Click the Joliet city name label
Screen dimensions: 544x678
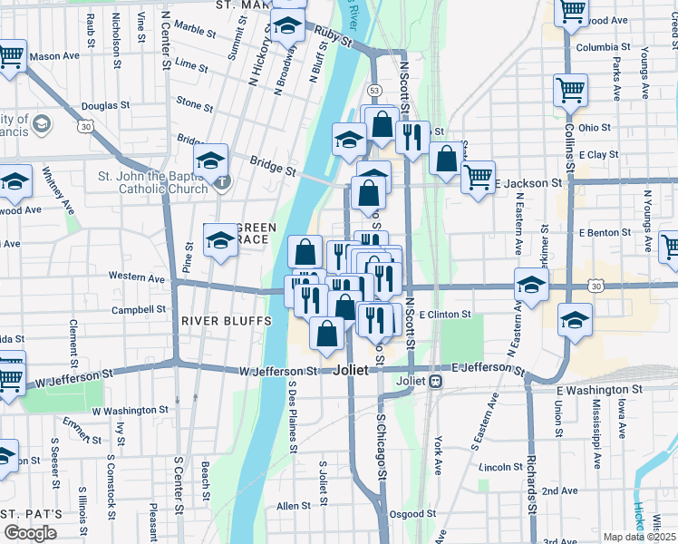[351, 371]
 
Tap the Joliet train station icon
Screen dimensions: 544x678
[435, 382]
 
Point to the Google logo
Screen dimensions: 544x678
[30, 533]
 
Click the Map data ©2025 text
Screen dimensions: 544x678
[639, 537]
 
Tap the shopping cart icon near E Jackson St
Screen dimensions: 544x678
[478, 176]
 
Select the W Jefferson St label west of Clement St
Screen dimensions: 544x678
[81, 375]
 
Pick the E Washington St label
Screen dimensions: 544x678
[599, 389]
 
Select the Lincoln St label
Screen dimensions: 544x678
[496, 467]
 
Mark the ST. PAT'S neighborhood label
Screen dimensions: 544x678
[31, 513]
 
